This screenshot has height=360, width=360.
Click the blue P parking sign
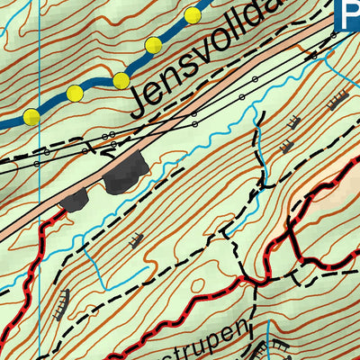coord(346,13)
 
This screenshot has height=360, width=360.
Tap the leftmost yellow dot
coord(32,116)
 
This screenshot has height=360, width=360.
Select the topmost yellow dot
coord(192,15)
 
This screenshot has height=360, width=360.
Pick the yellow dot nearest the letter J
coord(121,81)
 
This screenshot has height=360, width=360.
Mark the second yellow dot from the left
coord(75,94)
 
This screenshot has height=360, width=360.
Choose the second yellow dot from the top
coord(153,45)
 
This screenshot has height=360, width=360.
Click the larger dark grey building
coord(124,173)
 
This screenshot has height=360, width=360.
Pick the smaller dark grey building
coord(74,200)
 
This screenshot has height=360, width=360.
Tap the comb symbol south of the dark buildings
coord(136,240)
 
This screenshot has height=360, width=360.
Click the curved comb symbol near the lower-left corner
coord(63,304)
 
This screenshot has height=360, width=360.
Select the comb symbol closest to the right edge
coord(338,101)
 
